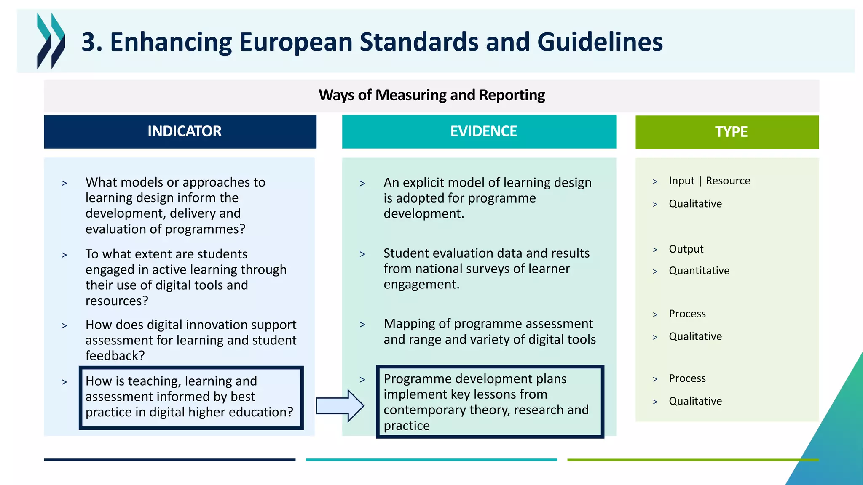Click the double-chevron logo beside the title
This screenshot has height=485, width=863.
[51, 41]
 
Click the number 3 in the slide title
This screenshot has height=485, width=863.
[88, 42]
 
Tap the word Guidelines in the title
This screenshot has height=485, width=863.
[600, 42]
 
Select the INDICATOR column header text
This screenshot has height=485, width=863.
[184, 131]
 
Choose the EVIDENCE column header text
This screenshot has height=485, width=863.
[483, 131]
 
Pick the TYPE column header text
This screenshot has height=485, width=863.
[731, 132]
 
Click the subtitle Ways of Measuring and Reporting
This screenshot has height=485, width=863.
[431, 95]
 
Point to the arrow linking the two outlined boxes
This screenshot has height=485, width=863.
[340, 406]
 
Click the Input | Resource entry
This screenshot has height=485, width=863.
[709, 181]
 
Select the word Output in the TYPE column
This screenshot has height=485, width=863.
[686, 249]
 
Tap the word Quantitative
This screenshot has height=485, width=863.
[699, 271]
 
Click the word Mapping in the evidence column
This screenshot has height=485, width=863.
[409, 324]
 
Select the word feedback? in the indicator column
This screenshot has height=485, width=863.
[115, 356]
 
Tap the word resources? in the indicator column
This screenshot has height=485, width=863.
[117, 301]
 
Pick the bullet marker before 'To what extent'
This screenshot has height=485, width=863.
[64, 255]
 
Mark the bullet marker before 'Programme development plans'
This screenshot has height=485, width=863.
[362, 380]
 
